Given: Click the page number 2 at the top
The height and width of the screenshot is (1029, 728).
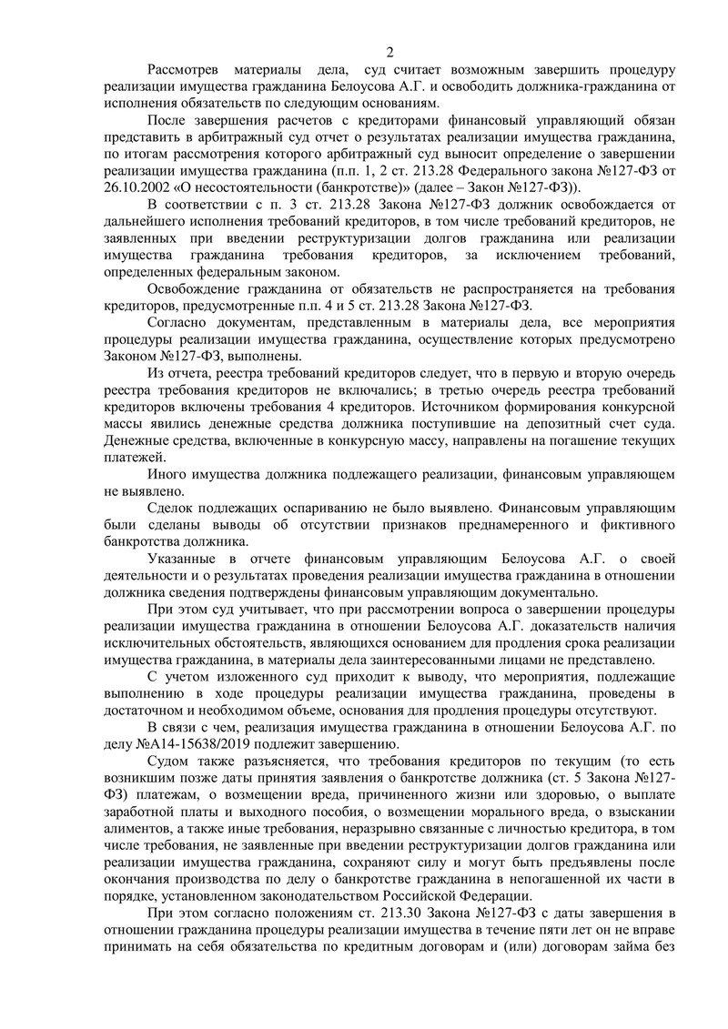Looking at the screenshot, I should click(389, 50).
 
